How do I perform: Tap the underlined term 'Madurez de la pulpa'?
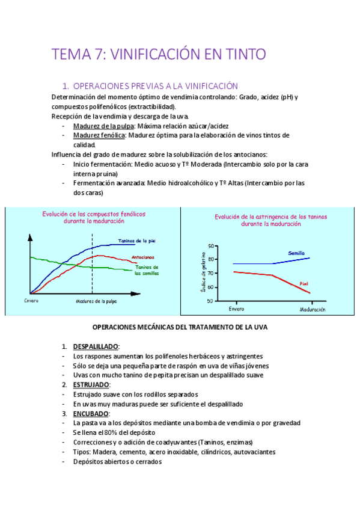point(104,126)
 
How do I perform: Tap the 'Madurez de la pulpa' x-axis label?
point(96,301)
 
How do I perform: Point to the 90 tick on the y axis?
point(210,246)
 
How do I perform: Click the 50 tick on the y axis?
point(210,301)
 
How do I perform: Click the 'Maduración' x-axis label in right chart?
point(312,309)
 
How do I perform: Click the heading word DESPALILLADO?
point(96,347)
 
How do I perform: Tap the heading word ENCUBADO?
point(91,414)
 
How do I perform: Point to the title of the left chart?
point(93,217)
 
